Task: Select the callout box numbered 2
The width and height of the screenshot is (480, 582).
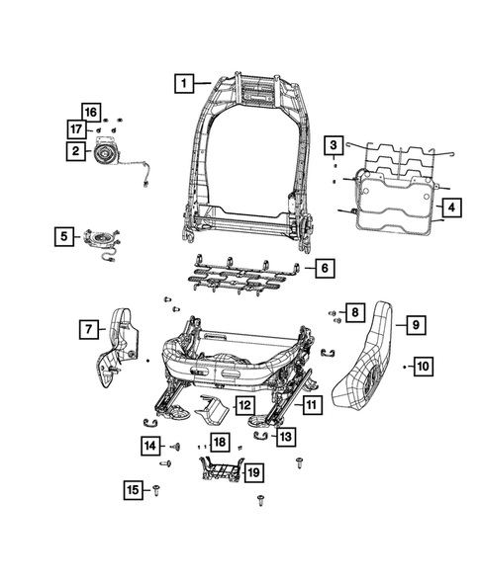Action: coord(75,151)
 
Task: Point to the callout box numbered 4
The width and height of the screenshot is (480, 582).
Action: coord(450,208)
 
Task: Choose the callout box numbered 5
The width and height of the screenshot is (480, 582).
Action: coord(63,236)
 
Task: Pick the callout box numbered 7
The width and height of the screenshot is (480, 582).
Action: coord(88,328)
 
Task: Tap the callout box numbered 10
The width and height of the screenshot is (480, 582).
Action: coord(422,367)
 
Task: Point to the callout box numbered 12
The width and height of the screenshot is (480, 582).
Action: coord(243,405)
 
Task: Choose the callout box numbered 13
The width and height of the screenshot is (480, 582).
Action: coord(285,435)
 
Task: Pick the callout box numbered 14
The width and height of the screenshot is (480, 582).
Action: coord(149,447)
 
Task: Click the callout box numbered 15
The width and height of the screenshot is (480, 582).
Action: coord(134,489)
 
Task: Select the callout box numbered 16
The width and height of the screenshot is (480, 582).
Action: coord(91,112)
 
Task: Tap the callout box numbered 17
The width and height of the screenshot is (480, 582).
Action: coord(75,129)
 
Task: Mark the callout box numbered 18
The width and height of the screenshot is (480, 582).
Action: coord(219,442)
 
